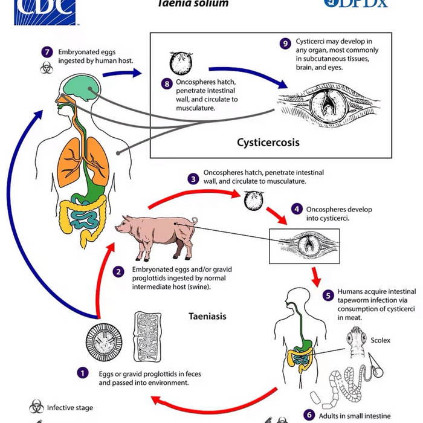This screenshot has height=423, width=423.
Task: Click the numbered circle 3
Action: [x=193, y=179]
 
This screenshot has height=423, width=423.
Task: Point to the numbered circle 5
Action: [x=328, y=296]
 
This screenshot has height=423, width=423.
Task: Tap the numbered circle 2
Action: [x=119, y=271]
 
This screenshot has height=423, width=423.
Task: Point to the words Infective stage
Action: [x=70, y=407]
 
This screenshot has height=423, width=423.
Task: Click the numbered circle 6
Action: [x=309, y=415]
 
